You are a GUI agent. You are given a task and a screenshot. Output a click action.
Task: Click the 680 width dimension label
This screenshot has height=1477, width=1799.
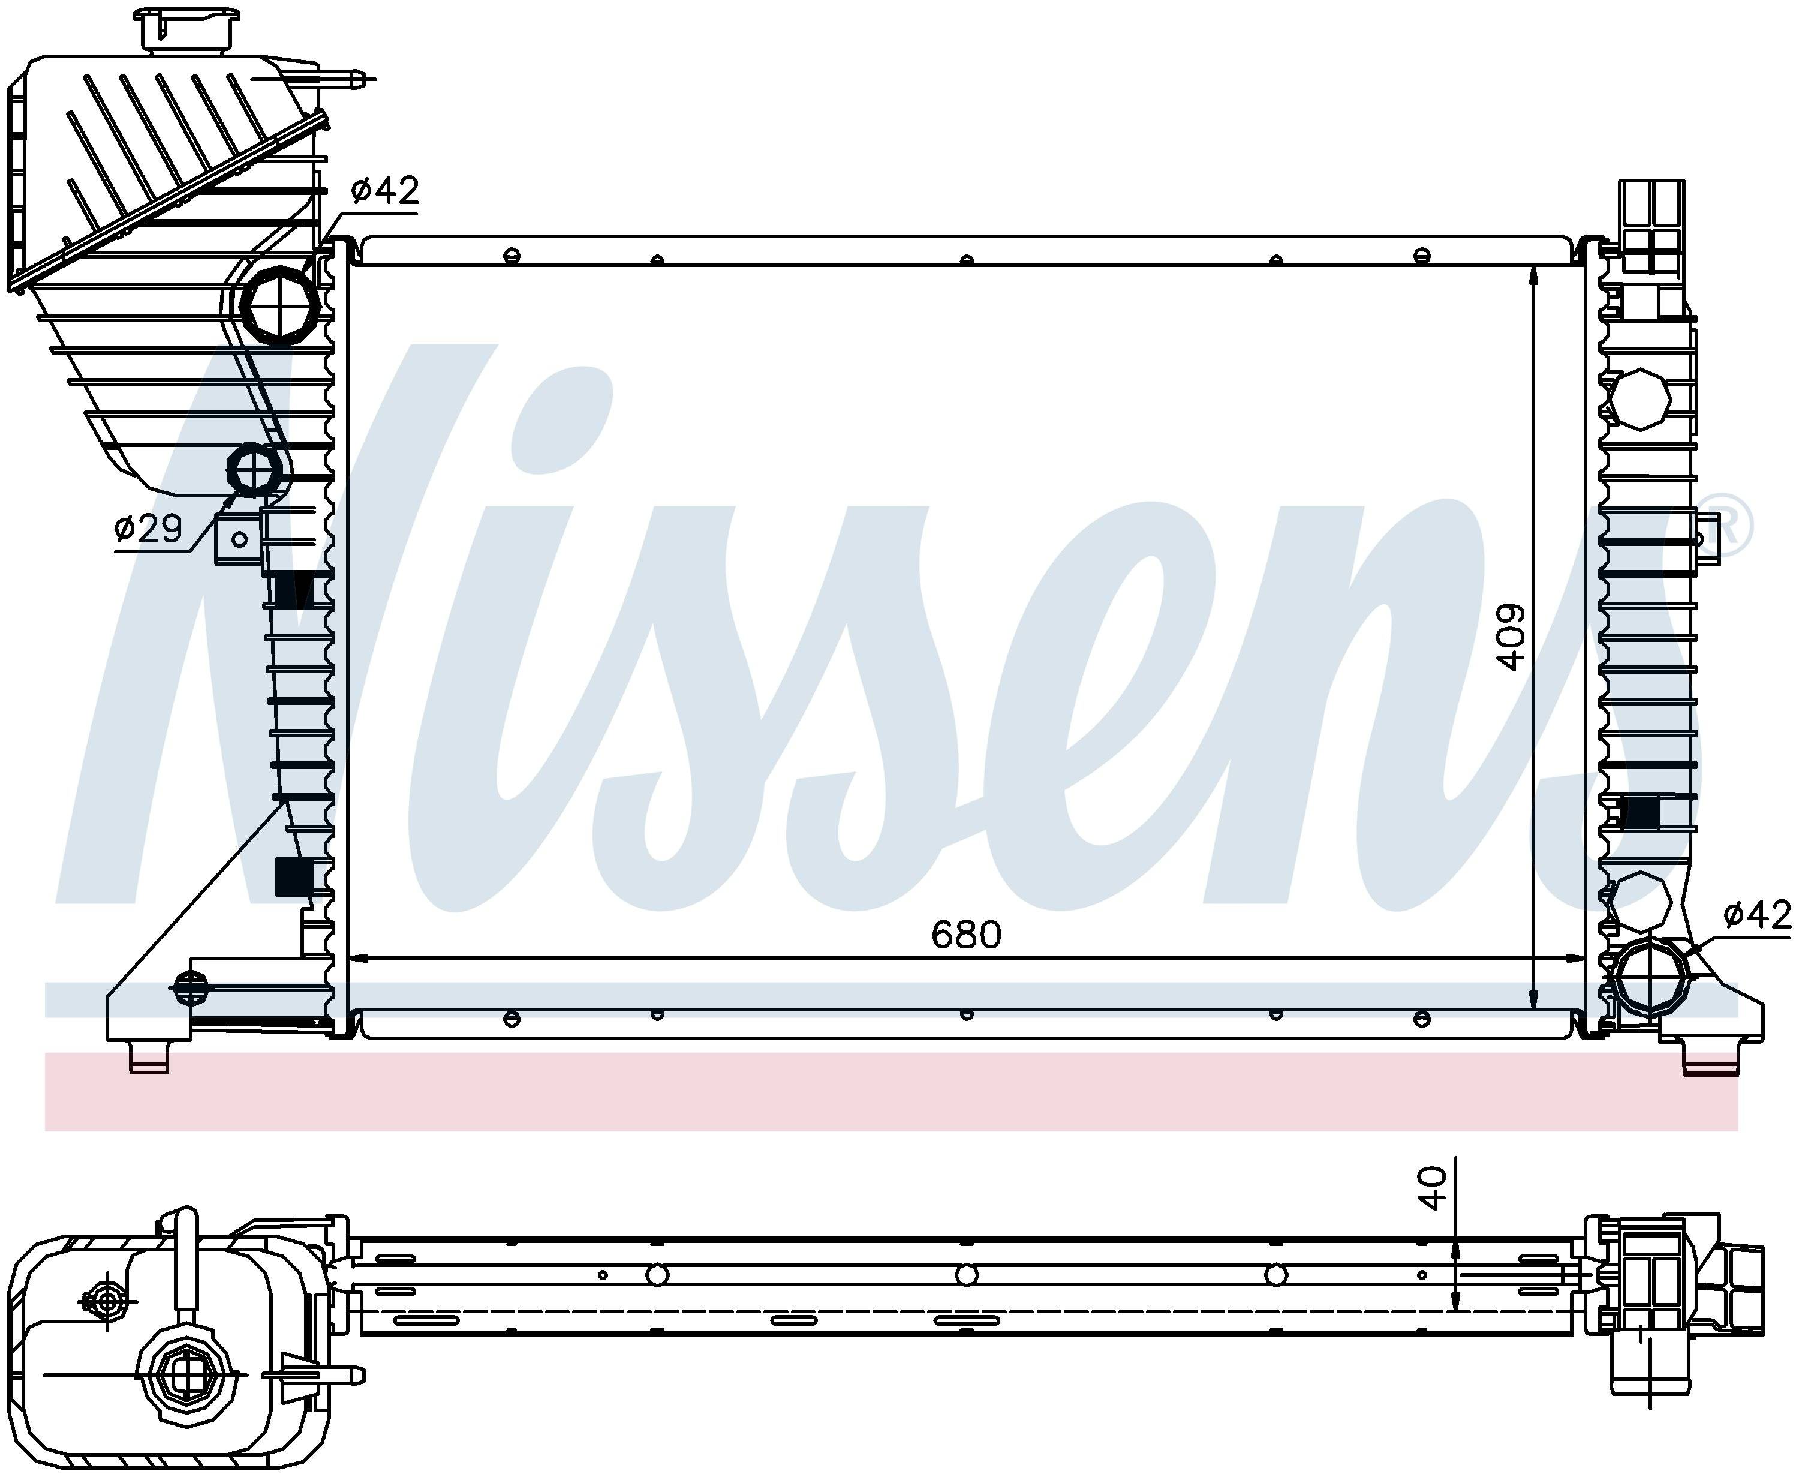[965, 936]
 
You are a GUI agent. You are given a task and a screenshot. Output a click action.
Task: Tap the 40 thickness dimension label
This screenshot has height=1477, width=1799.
[1433, 1188]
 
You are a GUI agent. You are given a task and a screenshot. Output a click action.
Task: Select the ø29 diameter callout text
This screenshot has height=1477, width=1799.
[148, 529]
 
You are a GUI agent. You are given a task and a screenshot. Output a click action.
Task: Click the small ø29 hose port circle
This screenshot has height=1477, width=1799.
[254, 469]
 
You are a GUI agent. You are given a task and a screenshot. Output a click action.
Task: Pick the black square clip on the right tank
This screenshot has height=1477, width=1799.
[1641, 812]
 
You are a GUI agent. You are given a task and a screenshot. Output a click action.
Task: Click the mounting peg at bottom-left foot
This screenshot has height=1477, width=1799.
[149, 1058]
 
